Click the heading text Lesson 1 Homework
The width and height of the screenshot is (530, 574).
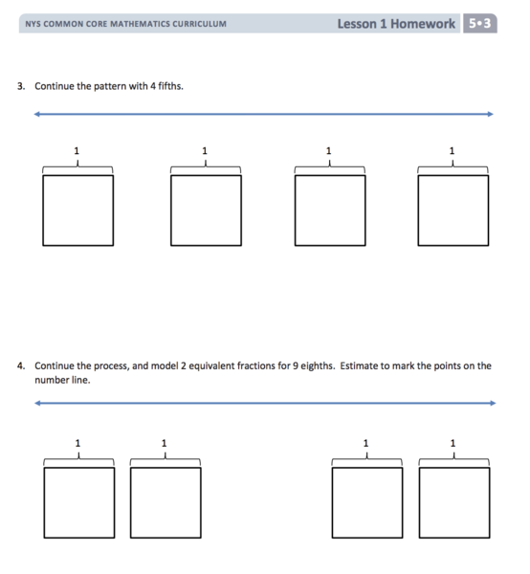point(396,24)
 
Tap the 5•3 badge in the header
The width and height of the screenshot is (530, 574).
point(480,23)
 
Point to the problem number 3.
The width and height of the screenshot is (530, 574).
point(21,86)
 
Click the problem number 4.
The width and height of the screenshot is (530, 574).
point(21,365)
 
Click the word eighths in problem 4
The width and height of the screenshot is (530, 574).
point(318,366)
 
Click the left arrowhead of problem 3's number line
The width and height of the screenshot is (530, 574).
point(36,114)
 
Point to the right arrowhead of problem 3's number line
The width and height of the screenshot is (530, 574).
point(491,114)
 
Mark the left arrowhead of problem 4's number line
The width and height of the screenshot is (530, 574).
point(36,403)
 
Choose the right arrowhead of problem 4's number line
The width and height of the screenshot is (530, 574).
point(494,403)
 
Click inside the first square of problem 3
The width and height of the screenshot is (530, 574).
point(77,210)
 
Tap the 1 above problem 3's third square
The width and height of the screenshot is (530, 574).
point(329,151)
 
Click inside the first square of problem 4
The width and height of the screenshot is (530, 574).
point(79,502)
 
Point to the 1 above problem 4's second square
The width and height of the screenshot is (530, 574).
point(164,443)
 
